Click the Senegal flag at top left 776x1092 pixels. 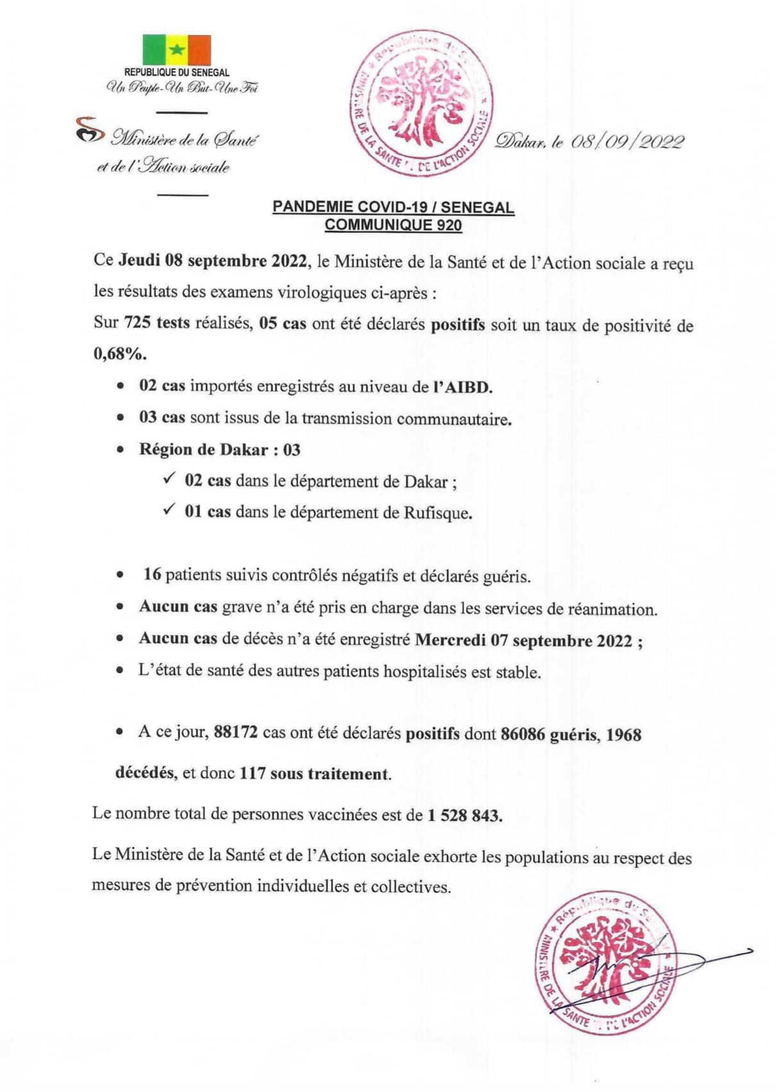click(x=176, y=49)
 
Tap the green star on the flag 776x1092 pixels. click(x=176, y=49)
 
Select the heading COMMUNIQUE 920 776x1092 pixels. click(x=392, y=225)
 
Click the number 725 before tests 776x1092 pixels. click(x=137, y=323)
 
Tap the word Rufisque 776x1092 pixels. click(x=437, y=513)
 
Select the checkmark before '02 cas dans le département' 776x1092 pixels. click(x=169, y=479)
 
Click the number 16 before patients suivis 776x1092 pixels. click(x=152, y=574)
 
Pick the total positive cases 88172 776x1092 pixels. click(x=235, y=733)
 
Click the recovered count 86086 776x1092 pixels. click(x=522, y=734)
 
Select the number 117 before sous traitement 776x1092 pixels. click(x=253, y=774)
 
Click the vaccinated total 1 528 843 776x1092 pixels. click(x=464, y=815)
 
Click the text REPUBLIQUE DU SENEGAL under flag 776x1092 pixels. click(x=176, y=73)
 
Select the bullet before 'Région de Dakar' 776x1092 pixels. click(x=121, y=450)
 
